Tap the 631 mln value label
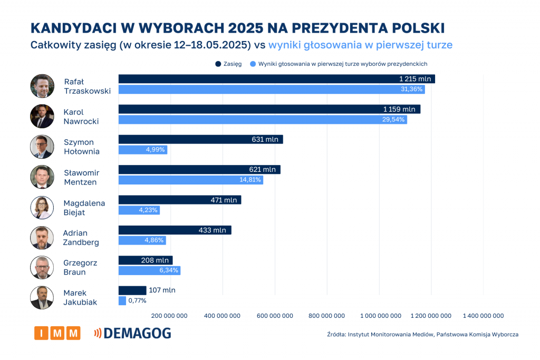tap(265, 140)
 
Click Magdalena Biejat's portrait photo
tap(42, 207)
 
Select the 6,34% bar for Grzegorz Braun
tap(149, 270)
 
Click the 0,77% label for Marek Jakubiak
tap(137, 300)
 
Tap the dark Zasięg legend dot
tap(218, 64)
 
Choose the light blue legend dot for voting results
tap(253, 64)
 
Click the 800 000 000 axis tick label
tap(326, 316)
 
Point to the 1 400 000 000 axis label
tap(483, 316)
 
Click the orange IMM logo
tap(57, 333)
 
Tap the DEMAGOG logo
tap(132, 333)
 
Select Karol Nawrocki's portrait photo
tap(42, 116)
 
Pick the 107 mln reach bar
tap(132, 290)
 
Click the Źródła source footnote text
tap(422, 334)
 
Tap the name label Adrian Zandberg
tap(81, 238)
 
